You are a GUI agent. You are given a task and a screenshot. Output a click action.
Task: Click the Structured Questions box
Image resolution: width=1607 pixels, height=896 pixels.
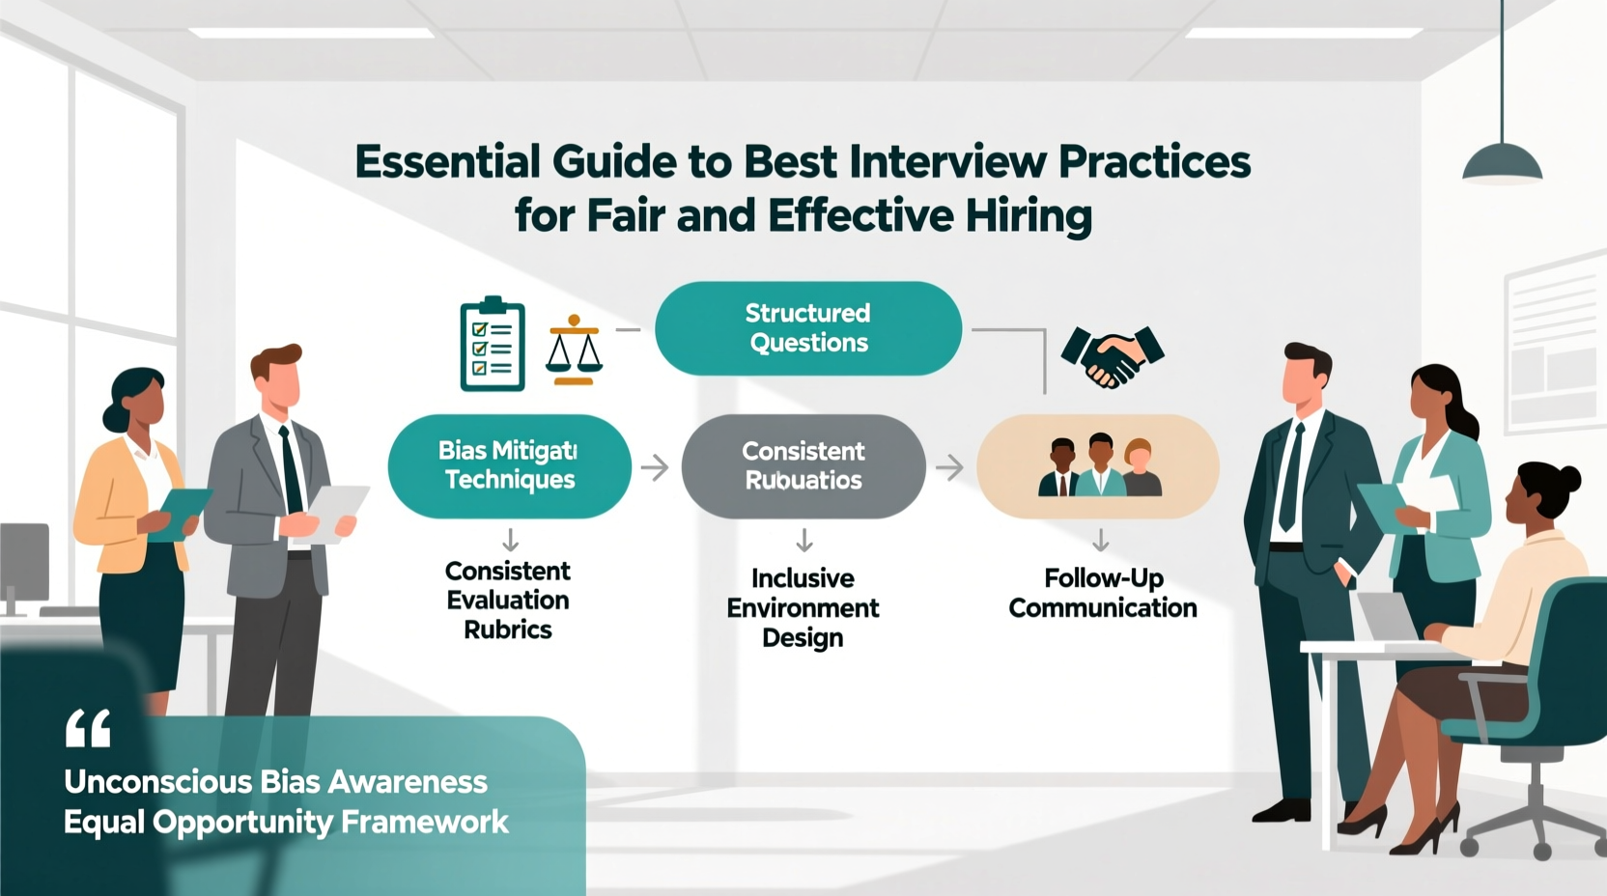coord(807,328)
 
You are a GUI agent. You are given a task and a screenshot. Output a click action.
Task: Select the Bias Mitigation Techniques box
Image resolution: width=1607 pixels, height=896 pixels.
coord(509,466)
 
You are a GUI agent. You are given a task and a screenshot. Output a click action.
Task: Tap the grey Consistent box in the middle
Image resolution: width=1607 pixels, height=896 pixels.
coord(803,466)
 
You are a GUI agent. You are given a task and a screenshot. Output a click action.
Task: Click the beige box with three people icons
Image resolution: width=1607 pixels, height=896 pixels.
coord(1098,467)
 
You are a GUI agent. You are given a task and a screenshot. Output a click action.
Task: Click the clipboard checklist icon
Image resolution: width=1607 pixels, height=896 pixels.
coord(493,345)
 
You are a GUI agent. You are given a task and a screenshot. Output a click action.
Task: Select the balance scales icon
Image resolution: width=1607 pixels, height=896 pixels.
coord(574,351)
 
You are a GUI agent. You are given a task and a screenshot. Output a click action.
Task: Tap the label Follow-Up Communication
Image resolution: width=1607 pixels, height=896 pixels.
coord(1102,593)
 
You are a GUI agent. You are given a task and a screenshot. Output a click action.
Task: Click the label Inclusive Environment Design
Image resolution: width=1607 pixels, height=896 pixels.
coord(803,607)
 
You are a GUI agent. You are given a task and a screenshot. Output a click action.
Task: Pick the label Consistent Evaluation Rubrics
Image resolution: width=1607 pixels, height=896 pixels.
coord(508,600)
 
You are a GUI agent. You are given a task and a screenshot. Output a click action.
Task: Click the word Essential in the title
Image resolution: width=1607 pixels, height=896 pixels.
coord(447,162)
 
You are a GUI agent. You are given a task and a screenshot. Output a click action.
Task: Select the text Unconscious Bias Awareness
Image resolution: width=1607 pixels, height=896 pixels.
coord(275,781)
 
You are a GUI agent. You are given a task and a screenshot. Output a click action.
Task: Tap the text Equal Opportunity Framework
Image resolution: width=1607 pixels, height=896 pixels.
coord(286,822)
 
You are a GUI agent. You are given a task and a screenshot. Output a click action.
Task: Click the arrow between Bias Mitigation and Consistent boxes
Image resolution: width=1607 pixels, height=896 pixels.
coord(656,468)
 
